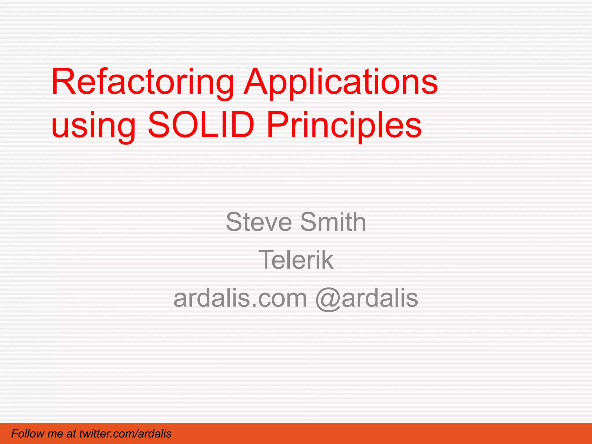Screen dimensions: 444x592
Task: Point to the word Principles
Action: pos(344,126)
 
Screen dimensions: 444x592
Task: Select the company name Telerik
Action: pos(296,260)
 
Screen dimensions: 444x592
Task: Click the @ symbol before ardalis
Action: pos(328,299)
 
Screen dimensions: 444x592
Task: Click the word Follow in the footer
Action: pos(27,434)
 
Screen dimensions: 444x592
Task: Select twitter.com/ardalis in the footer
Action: pos(125,434)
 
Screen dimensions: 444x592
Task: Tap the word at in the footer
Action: pos(71,434)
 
